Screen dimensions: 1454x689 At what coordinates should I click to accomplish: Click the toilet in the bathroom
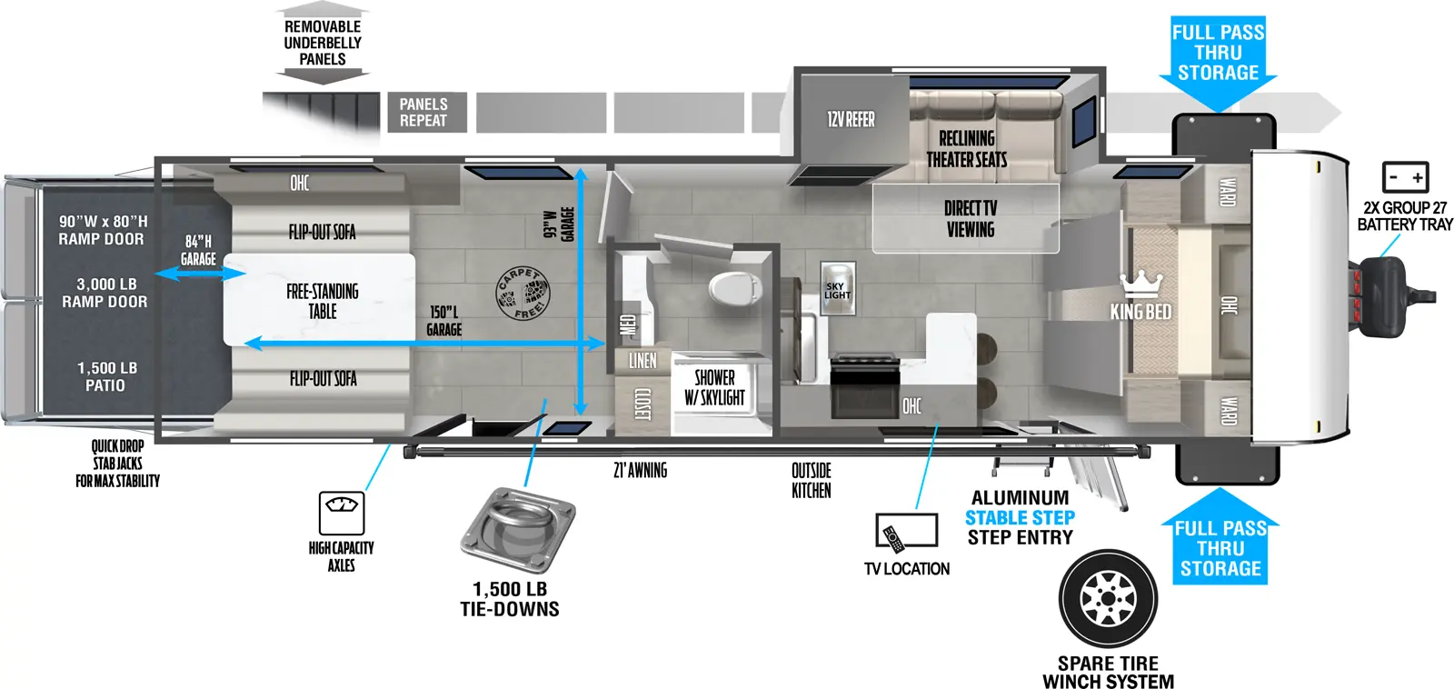(x=735, y=288)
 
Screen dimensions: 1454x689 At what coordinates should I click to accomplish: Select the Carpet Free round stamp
(x=523, y=294)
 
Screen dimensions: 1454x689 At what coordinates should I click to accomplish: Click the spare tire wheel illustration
(x=1108, y=599)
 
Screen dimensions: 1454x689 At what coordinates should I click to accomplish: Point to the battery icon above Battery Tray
(x=1405, y=176)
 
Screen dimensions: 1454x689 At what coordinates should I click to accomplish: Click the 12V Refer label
(x=851, y=119)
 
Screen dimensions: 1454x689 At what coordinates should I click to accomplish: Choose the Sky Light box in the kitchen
(x=837, y=289)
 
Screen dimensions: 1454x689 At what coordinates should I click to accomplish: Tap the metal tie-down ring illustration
(x=518, y=529)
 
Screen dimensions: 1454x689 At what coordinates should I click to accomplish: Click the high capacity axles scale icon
(x=342, y=513)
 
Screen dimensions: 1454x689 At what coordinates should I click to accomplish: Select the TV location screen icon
(x=907, y=531)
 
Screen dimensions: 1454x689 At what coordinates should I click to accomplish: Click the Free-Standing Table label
(x=322, y=301)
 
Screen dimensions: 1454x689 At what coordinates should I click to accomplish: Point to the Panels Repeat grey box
(x=427, y=113)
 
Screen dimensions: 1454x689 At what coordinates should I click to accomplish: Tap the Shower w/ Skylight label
(x=714, y=388)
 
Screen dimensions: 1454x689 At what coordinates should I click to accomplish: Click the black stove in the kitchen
(x=864, y=386)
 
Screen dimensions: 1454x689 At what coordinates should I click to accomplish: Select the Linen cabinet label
(x=642, y=361)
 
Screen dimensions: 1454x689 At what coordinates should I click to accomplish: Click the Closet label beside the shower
(x=642, y=404)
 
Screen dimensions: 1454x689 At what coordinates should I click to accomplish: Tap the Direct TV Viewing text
(x=970, y=219)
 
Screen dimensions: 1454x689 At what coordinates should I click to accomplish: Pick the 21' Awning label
(x=640, y=470)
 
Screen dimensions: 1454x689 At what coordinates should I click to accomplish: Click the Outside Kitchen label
(x=811, y=481)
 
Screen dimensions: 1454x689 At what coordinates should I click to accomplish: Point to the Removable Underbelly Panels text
(x=323, y=43)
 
